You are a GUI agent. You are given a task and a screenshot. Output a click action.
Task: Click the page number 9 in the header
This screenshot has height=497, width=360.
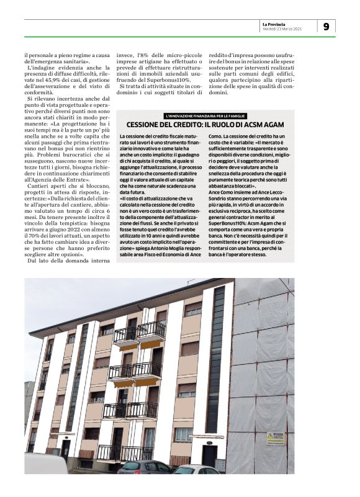click(326, 26)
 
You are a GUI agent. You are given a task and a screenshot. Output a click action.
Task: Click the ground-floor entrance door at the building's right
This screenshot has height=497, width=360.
click(209, 456)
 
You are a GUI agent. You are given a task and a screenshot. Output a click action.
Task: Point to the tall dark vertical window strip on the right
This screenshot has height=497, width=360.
click(217, 360)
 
